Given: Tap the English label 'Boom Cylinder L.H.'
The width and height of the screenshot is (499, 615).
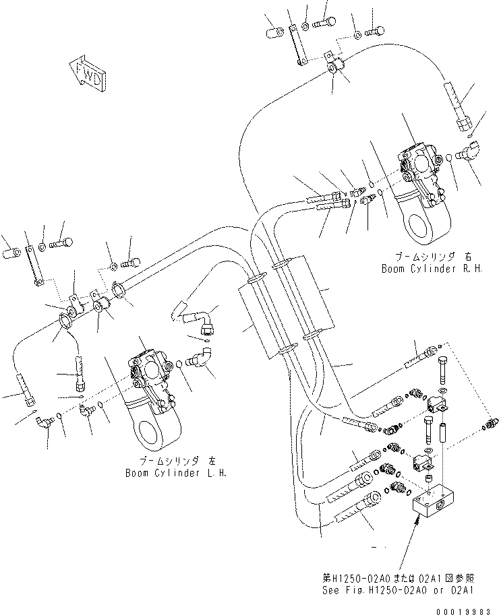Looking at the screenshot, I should click(176, 473).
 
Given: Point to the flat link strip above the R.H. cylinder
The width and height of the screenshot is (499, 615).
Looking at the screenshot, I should click(297, 45).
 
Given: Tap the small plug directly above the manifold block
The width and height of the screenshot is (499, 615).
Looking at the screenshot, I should click(427, 478).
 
